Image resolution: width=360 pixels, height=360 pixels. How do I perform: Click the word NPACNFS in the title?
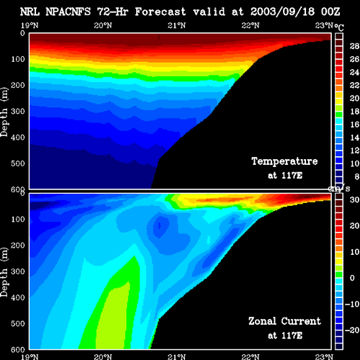tap(68, 12)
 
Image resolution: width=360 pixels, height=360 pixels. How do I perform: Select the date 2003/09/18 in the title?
tap(282, 12)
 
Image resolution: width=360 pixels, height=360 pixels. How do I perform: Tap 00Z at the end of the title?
tap(330, 12)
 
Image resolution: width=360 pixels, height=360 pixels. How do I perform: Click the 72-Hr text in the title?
tap(113, 12)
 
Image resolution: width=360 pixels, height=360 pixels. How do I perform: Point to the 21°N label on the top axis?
tap(176, 25)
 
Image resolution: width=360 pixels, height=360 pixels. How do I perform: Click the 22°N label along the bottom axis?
tap(251, 356)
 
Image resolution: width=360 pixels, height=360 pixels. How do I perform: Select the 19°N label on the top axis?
tap(30, 25)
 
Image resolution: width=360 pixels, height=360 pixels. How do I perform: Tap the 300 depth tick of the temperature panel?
tap(18, 112)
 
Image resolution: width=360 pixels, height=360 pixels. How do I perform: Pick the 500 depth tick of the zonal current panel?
tap(18, 323)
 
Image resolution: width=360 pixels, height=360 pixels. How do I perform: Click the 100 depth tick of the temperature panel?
tap(18, 59)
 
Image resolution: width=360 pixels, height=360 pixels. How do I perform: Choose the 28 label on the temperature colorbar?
tap(354, 46)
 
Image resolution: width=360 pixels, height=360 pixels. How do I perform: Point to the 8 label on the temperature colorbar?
tap(356, 176)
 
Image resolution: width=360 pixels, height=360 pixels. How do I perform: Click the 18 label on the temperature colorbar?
tap(354, 112)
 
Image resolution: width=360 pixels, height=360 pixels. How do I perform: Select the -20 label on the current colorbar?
tap(352, 330)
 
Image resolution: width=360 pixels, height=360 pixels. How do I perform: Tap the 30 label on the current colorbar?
tap(354, 199)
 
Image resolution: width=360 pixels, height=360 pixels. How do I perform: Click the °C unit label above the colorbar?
tap(339, 27)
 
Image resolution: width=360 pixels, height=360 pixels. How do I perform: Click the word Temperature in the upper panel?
tap(284, 161)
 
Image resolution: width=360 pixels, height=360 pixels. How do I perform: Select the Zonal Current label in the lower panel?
tap(284, 321)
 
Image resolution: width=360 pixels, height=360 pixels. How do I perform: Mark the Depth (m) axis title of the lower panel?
tap(4, 272)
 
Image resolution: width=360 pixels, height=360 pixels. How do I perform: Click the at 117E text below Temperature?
tap(285, 176)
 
